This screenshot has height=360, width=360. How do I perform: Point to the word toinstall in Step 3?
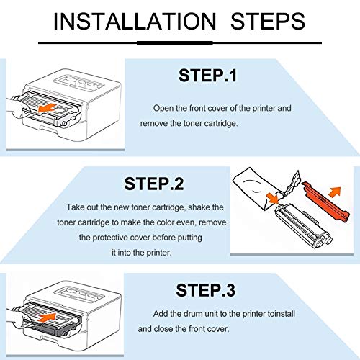pos(285,314)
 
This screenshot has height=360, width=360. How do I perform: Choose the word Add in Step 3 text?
pos(162,314)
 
